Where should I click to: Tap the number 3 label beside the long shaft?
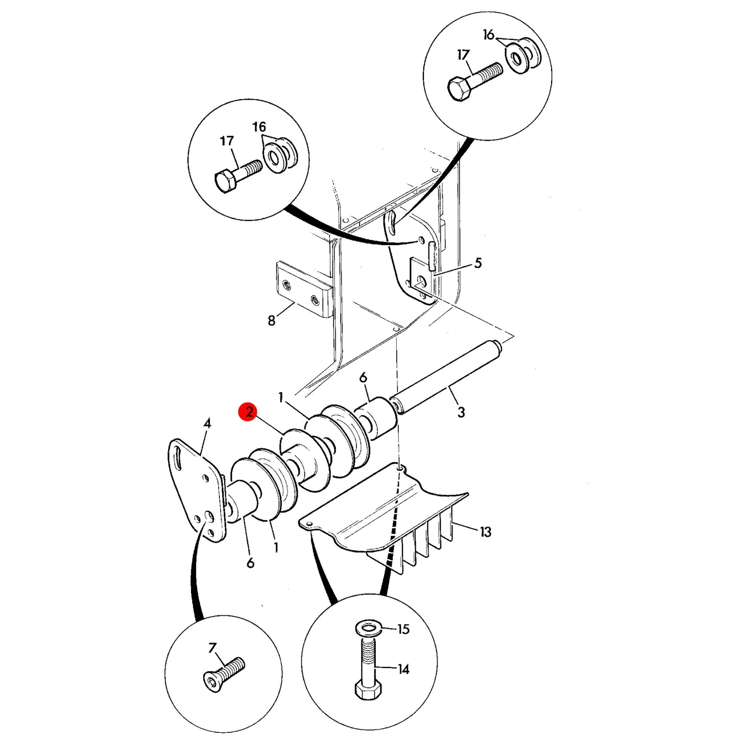[461, 412]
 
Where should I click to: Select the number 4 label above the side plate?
[207, 423]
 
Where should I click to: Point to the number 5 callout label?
[478, 264]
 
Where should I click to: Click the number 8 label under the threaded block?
[272, 321]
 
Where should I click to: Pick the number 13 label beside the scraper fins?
[485, 532]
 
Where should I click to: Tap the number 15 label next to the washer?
[403, 629]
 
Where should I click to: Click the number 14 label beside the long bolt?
[403, 670]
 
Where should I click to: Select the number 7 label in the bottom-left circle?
[212, 648]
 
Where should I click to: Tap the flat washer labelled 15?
[368, 627]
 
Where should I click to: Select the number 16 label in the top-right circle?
[488, 35]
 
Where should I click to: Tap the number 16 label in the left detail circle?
[259, 126]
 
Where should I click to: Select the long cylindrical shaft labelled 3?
[447, 377]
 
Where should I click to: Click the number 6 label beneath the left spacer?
[250, 563]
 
